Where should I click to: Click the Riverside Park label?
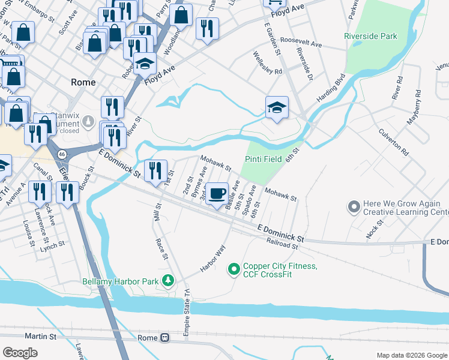click(370, 37)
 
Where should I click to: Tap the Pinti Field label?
click(265, 159)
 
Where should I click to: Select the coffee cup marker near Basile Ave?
click(217, 194)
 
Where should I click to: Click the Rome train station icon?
click(164, 338)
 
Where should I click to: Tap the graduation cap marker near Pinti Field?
click(277, 108)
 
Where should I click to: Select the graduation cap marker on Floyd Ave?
click(145, 64)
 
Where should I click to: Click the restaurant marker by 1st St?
click(155, 170)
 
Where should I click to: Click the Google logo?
click(20, 353)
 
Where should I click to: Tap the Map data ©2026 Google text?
click(411, 355)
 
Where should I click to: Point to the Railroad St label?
click(282, 243)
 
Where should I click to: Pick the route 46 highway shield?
click(62, 154)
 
